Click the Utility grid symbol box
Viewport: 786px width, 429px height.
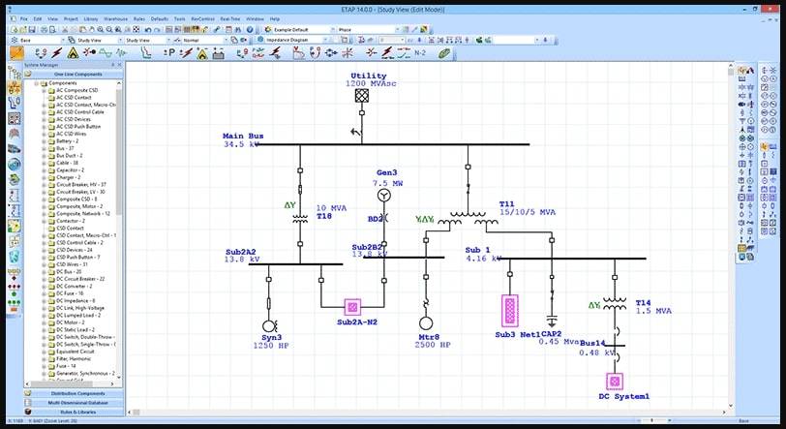(362, 96)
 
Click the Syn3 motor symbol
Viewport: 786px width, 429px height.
(269, 325)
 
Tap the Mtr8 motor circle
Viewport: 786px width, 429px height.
(426, 324)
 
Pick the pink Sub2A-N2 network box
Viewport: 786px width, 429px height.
(353, 308)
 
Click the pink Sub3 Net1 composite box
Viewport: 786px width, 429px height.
(509, 311)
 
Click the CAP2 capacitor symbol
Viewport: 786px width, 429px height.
(552, 320)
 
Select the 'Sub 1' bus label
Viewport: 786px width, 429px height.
(479, 250)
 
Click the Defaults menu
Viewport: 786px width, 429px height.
(159, 18)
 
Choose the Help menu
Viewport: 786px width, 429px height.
(275, 18)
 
